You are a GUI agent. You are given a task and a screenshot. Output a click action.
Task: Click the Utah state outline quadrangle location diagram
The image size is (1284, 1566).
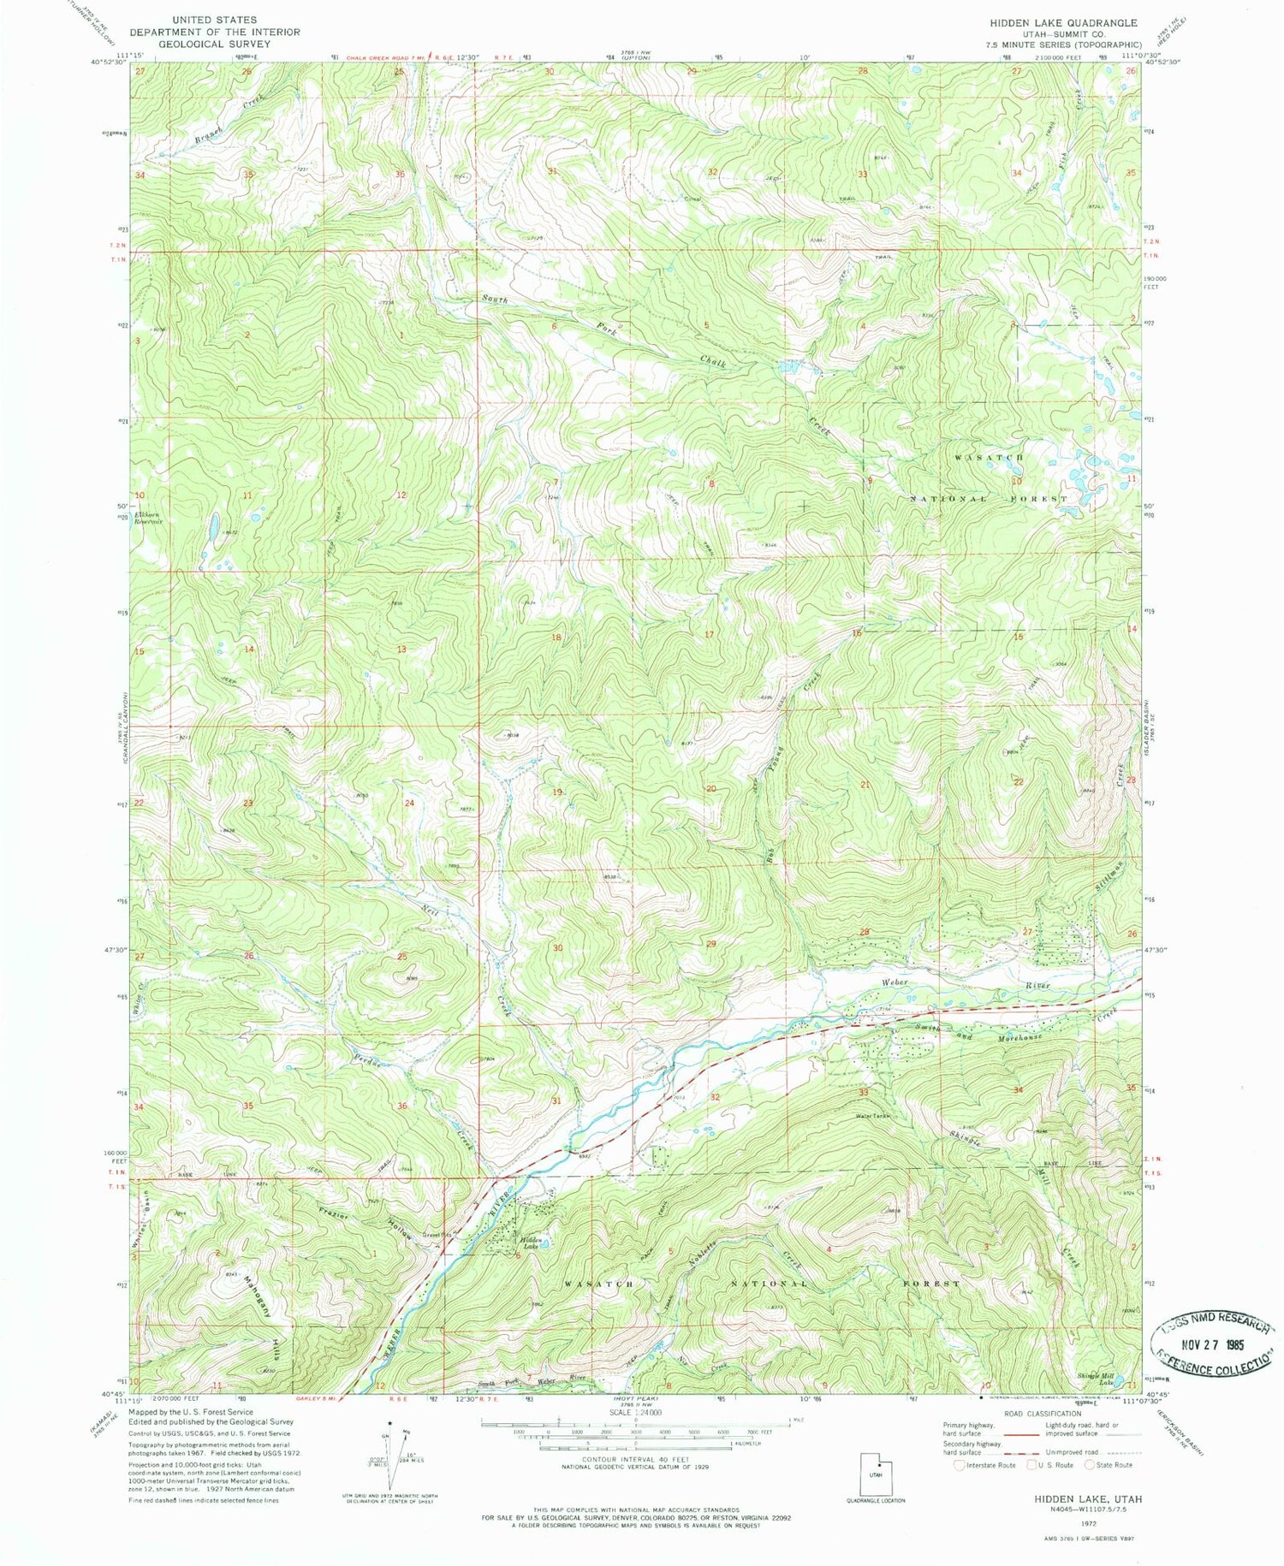(x=876, y=1472)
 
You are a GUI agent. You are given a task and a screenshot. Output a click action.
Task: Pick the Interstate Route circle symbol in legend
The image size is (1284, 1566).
(x=960, y=1464)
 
